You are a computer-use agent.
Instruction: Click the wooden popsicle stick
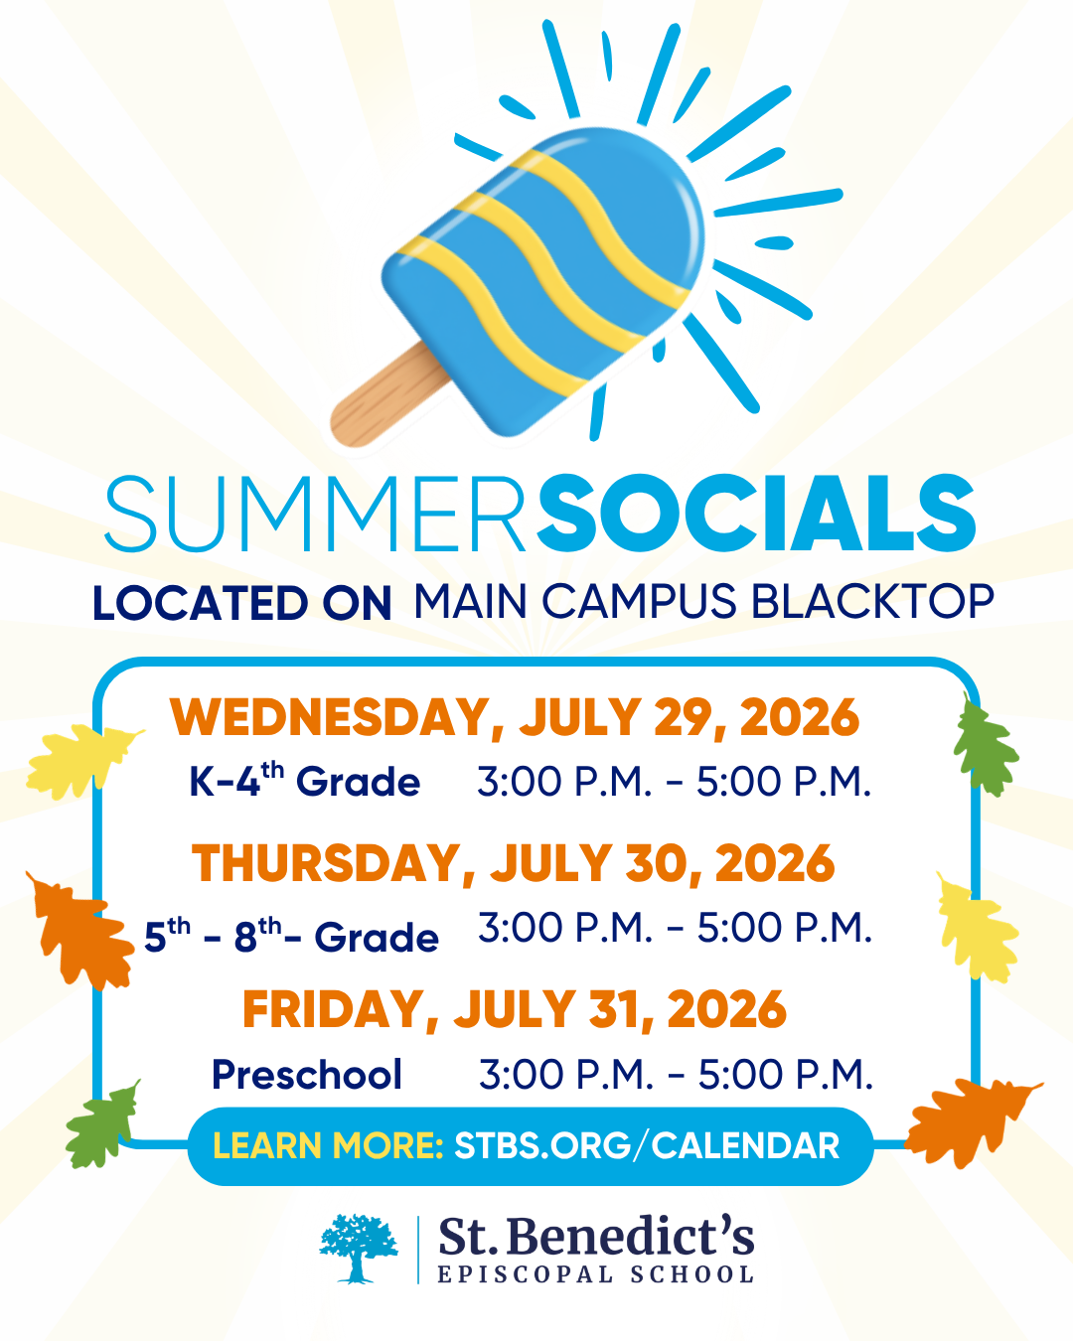pos(387,394)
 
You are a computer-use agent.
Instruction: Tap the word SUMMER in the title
pos(315,515)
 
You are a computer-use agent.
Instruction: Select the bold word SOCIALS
pos(756,513)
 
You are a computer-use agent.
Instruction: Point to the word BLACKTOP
pos(872,602)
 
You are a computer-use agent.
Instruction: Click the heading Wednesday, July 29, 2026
pos(515,717)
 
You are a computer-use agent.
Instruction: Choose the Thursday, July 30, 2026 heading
pos(513,863)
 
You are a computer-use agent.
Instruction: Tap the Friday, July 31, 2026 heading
pos(515,1009)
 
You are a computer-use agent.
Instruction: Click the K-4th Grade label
pos(304,780)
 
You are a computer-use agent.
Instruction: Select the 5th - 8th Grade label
pos(291,935)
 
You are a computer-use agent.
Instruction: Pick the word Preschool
pos(307,1075)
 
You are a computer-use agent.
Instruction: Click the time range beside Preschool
pos(676,1075)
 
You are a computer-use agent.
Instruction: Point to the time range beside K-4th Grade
pos(674,782)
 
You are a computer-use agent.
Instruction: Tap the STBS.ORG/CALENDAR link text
pos(647,1145)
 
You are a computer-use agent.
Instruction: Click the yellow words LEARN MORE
pos(328,1145)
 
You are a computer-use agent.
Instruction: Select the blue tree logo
pos(359,1249)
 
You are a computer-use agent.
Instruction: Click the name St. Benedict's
pos(596,1236)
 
